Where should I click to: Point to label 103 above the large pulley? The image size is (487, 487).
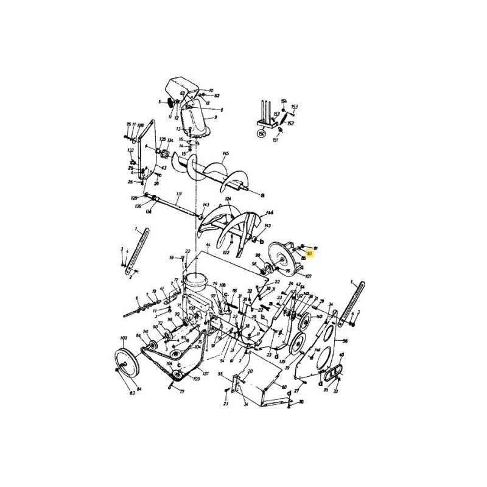click(x=124, y=337)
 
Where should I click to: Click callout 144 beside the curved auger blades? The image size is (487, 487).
click(x=270, y=212)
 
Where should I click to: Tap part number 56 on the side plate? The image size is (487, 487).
click(x=345, y=341)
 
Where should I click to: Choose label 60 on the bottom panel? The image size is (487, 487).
click(x=284, y=387)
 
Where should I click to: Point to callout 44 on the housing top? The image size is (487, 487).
click(x=208, y=245)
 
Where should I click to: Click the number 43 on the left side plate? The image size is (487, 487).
click(x=146, y=168)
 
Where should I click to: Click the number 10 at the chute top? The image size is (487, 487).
click(x=211, y=91)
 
